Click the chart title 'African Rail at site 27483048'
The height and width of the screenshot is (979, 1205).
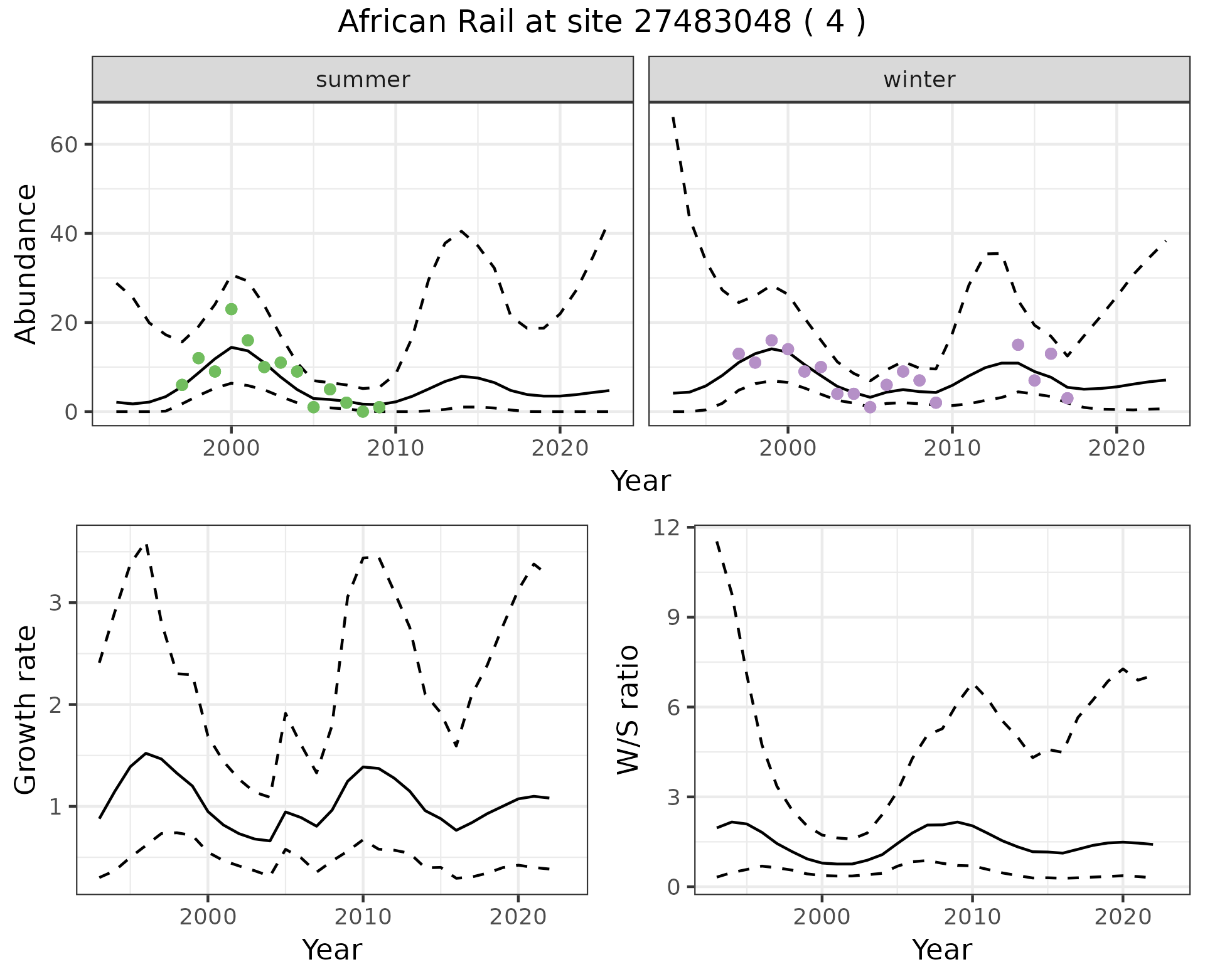(601, 23)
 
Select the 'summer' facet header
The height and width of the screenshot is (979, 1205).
(363, 80)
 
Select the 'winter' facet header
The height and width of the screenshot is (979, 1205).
(919, 80)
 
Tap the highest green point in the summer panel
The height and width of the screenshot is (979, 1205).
(231, 309)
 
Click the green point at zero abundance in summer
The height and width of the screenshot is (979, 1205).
(363, 412)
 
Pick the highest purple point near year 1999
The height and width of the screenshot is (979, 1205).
(771, 341)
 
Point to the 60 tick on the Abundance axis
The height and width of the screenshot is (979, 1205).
(63, 145)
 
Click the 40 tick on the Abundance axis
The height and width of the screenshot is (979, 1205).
(63, 234)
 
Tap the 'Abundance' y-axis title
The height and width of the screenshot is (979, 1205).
(26, 264)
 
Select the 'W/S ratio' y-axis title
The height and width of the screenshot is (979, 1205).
(628, 710)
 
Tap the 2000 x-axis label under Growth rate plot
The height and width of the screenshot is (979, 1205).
(208, 917)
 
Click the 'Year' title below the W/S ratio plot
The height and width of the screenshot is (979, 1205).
(941, 950)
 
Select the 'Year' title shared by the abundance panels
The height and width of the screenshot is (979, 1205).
(641, 481)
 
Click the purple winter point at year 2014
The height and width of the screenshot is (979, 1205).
(1018, 345)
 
